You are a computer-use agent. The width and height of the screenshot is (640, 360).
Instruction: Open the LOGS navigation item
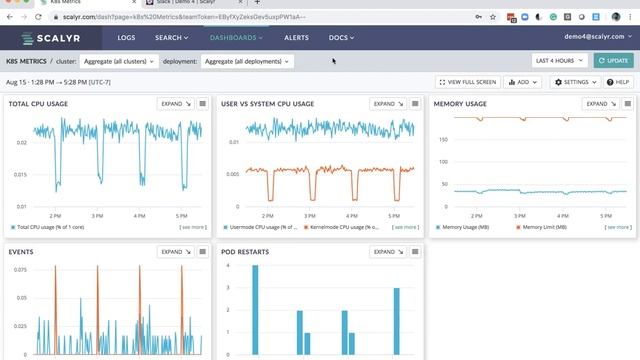coord(126,38)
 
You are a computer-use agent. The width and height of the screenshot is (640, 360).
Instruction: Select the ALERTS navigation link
coord(297,38)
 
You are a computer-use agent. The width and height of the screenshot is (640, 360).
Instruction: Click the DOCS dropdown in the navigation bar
coord(341,38)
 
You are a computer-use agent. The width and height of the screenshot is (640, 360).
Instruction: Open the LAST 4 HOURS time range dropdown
coord(559,61)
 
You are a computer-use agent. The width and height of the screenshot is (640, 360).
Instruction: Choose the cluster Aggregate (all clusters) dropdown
coord(115,61)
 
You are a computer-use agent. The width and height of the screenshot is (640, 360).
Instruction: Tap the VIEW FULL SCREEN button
coord(468,82)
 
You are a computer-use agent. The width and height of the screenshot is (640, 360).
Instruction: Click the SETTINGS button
coord(576,82)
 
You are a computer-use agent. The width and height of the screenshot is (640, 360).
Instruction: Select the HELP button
coord(619,82)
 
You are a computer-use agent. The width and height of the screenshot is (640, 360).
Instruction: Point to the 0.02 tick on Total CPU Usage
coord(19,143)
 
